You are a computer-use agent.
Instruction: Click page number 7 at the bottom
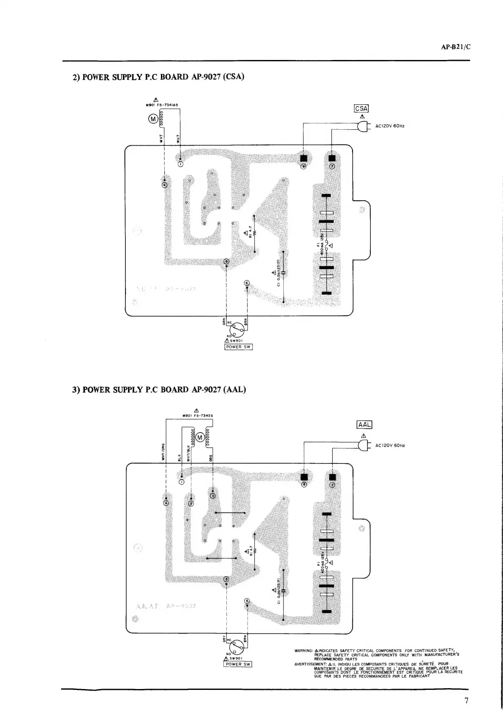[x=466, y=700]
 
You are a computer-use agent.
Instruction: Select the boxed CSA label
[x=362, y=108]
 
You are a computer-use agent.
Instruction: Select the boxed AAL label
[x=364, y=425]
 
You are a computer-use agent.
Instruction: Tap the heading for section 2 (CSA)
[x=158, y=77]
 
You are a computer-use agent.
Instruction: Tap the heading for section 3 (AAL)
[x=159, y=390]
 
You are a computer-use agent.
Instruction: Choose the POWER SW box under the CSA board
[x=239, y=347]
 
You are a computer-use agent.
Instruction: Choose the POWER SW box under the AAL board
[x=237, y=664]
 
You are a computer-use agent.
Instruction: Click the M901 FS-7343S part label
[x=197, y=415]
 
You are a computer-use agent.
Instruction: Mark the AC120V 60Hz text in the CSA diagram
[x=390, y=126]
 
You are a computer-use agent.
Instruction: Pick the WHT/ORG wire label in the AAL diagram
[x=163, y=452]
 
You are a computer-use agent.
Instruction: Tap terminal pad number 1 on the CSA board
[x=180, y=164]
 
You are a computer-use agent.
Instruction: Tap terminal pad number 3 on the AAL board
[x=213, y=496]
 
